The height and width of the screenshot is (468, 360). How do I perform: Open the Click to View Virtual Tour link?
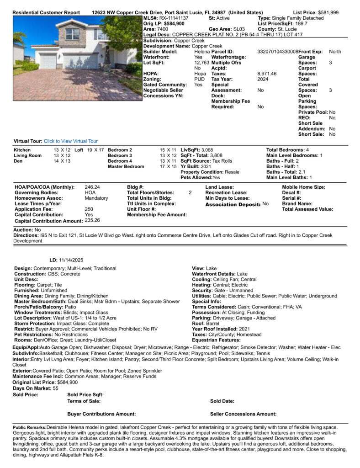[70, 141]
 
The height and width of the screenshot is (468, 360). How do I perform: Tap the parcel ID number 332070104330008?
[278, 52]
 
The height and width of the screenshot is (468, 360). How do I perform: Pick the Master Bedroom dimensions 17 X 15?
[168, 167]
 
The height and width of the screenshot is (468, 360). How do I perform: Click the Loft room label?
[79, 150]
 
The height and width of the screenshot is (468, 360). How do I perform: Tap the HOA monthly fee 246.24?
[92, 187]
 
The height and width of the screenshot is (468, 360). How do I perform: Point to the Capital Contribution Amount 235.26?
[92, 220]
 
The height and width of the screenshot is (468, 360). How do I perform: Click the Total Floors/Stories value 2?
[190, 193]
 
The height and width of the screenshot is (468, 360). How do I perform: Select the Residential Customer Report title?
[46, 12]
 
